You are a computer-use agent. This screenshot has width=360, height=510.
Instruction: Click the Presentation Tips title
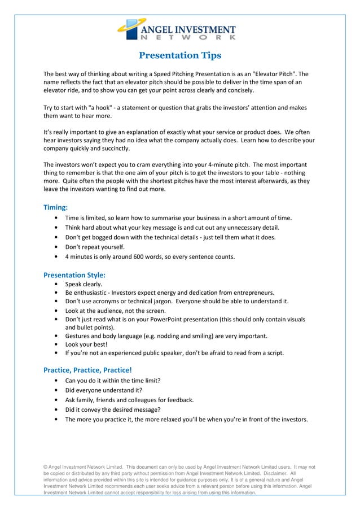coord(180,55)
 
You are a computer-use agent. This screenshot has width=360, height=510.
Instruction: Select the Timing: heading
coord(56,207)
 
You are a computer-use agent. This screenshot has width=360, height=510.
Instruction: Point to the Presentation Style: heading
coord(74,275)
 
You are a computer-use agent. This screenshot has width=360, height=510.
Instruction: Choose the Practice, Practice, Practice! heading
coord(87,370)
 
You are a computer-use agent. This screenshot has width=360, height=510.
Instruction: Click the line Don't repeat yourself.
coord(95,247)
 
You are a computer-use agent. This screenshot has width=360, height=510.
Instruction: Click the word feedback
coord(179,400)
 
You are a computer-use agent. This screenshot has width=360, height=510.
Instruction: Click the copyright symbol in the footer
coord(46,467)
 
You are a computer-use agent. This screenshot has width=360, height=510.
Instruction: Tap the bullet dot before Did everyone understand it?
coord(56,390)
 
